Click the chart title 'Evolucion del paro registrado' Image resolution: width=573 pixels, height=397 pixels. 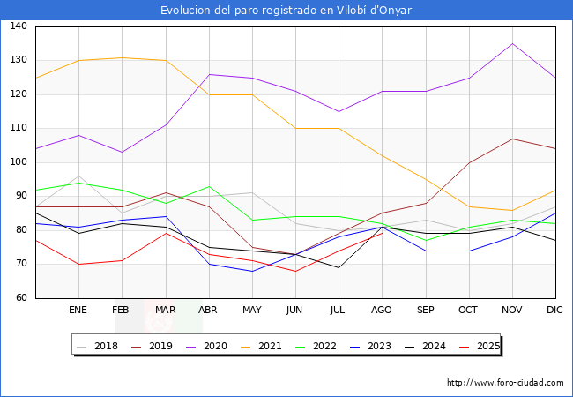[x=286, y=11]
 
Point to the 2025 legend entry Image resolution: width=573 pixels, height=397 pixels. [x=483, y=346]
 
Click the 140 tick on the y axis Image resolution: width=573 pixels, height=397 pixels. [x=19, y=26]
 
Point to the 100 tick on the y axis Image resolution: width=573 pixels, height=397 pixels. [x=19, y=162]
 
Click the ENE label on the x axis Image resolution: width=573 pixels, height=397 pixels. [x=78, y=311]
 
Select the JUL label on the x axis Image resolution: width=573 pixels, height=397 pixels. [x=339, y=311]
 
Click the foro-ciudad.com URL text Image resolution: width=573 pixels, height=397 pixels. [x=505, y=383]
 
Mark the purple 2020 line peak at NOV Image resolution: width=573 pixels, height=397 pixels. [x=512, y=43]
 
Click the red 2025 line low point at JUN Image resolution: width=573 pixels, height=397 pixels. [x=295, y=271]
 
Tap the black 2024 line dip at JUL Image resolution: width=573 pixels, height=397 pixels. [x=339, y=267]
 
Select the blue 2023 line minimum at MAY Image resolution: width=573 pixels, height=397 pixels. [x=252, y=271]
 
